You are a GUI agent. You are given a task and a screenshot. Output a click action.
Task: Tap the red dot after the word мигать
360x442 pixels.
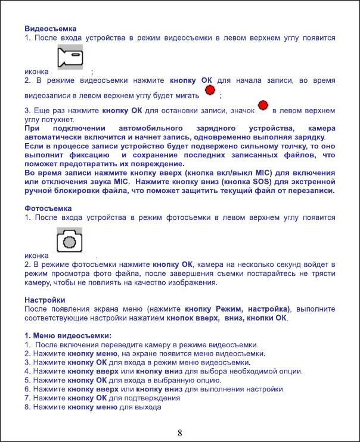tap(210, 90)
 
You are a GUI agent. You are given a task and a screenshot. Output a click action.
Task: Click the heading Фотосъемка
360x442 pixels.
tap(48, 208)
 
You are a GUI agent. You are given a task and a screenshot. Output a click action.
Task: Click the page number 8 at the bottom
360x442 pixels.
tap(180, 432)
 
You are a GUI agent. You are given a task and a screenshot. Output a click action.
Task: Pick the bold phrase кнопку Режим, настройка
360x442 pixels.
tap(236, 309)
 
